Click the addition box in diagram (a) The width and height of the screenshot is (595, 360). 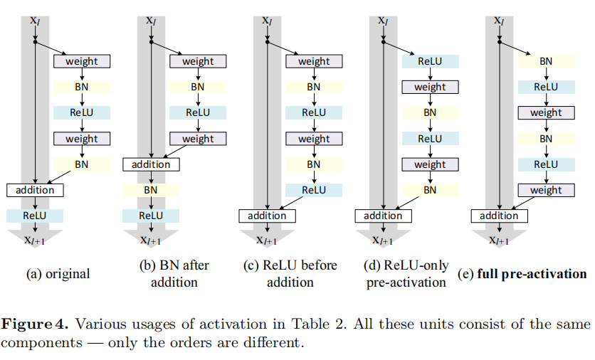point(35,190)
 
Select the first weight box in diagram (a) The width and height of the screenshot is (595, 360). point(81,61)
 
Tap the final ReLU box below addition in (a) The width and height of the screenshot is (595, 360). point(35,216)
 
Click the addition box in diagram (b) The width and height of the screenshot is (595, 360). point(151,164)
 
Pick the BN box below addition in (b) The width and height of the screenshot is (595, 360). point(151,190)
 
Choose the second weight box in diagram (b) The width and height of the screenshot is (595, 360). point(197,139)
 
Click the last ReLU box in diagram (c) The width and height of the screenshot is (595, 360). point(314,190)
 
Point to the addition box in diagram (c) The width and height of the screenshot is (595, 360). point(267,216)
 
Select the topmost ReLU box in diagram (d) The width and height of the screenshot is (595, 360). point(430,61)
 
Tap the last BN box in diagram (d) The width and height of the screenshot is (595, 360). point(430,190)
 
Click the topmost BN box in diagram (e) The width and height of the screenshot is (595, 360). point(546,61)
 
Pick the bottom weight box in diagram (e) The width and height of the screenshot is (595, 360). point(546,190)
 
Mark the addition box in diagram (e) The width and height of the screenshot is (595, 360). point(499,216)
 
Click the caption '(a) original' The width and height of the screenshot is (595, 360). point(58,274)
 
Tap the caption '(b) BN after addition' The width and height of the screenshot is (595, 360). point(174,273)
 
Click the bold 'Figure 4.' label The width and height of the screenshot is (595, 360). point(36,324)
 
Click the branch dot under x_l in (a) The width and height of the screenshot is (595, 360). point(35,41)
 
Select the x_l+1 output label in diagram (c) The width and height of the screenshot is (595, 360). point(268,240)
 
